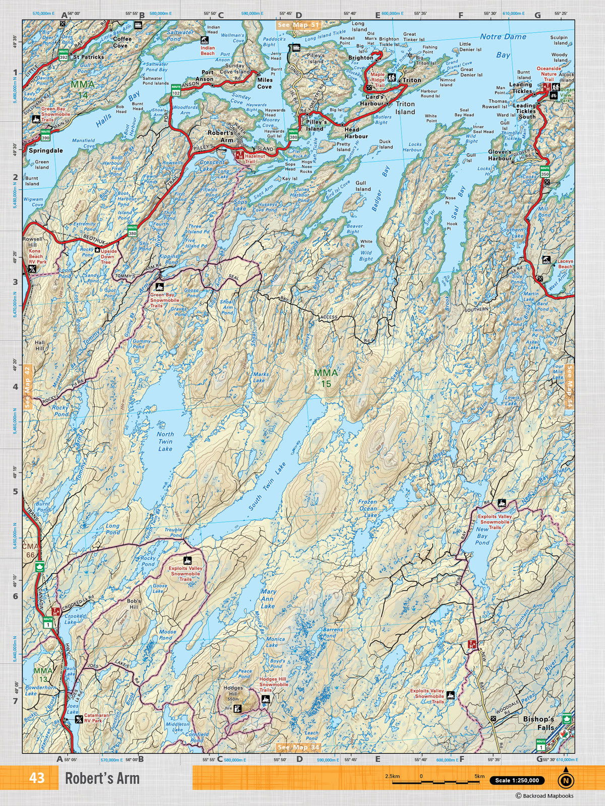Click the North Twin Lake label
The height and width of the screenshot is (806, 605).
[165, 441]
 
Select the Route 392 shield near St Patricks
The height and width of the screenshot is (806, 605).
[64, 54]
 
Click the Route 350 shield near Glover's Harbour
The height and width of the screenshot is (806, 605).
[544, 171]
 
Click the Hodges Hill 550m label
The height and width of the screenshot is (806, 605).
[233, 694]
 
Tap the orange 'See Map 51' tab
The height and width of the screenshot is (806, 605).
[298, 24]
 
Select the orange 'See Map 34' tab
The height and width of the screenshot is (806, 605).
[298, 747]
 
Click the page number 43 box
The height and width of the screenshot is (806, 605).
[37, 778]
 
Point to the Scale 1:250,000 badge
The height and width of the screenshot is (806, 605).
[517, 780]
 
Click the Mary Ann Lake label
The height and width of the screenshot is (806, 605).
[268, 599]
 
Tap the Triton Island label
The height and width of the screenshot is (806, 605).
[405, 108]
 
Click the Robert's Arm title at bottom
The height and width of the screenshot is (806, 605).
[102, 778]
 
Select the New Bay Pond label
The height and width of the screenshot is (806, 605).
[482, 535]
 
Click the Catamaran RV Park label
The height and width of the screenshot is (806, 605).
[100, 718]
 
